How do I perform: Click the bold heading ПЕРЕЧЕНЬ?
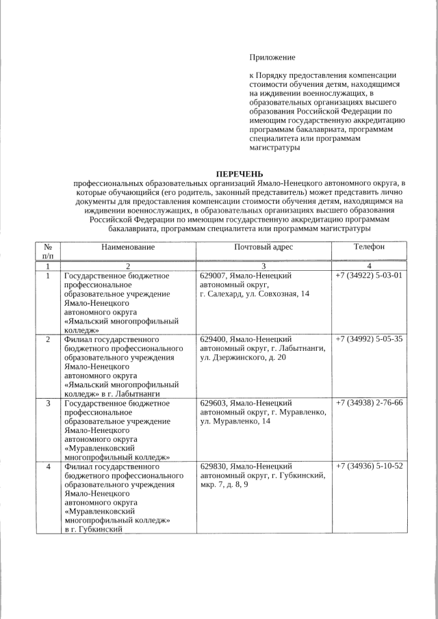click(239, 174)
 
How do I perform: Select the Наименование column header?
click(127, 247)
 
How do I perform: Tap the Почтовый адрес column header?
click(263, 247)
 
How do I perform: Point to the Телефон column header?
click(369, 247)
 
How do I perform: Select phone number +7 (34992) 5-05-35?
click(369, 339)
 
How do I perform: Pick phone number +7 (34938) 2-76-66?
click(369, 403)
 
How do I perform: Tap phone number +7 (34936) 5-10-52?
click(369, 466)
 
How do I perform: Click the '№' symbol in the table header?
click(48, 247)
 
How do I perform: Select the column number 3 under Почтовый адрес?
click(263, 265)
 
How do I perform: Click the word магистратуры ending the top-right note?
click(274, 148)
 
